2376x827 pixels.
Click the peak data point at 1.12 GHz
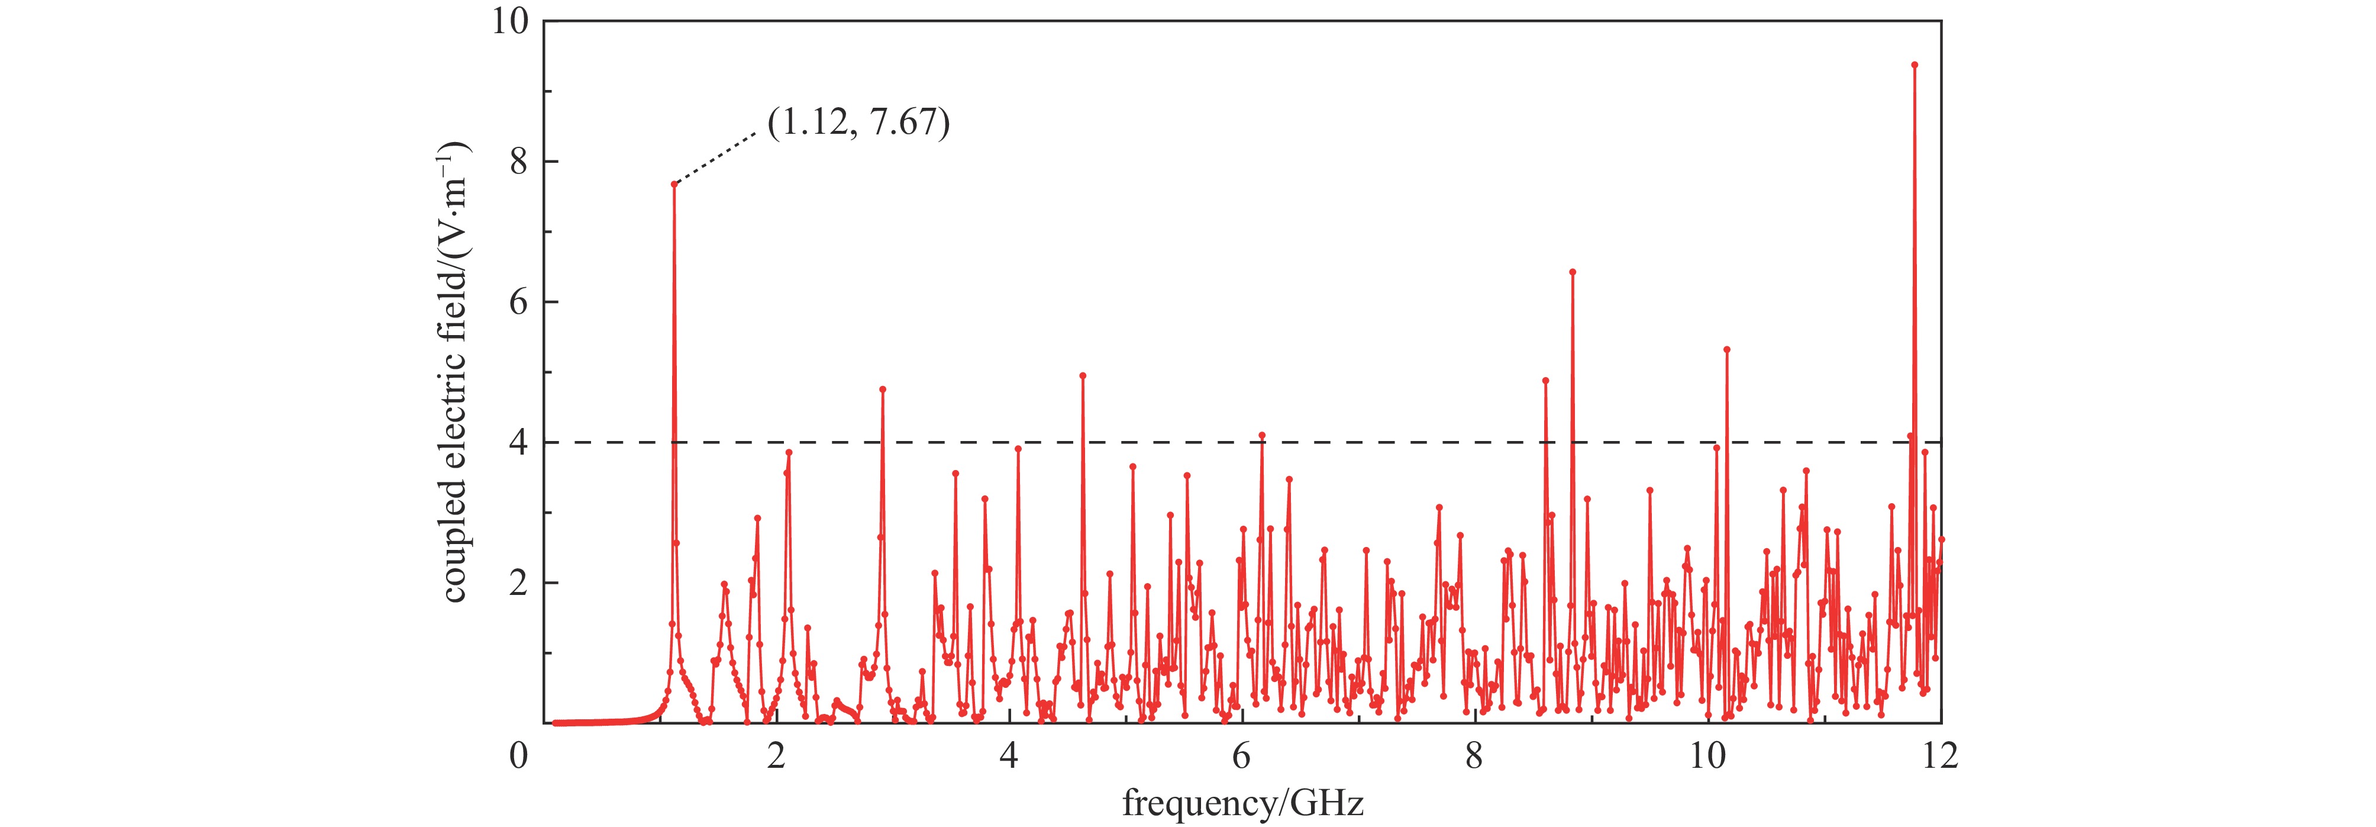tap(674, 184)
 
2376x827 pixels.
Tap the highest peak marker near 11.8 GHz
tap(1914, 65)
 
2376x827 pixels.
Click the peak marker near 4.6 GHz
tap(1083, 376)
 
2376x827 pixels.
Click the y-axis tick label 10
tap(508, 22)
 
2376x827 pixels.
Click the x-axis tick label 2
tap(777, 758)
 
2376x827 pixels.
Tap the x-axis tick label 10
tap(1707, 758)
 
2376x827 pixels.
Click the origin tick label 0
tap(520, 758)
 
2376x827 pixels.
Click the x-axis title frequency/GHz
tap(1242, 803)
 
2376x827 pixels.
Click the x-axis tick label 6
tap(1242, 758)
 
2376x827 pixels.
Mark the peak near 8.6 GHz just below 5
tap(1545, 380)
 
